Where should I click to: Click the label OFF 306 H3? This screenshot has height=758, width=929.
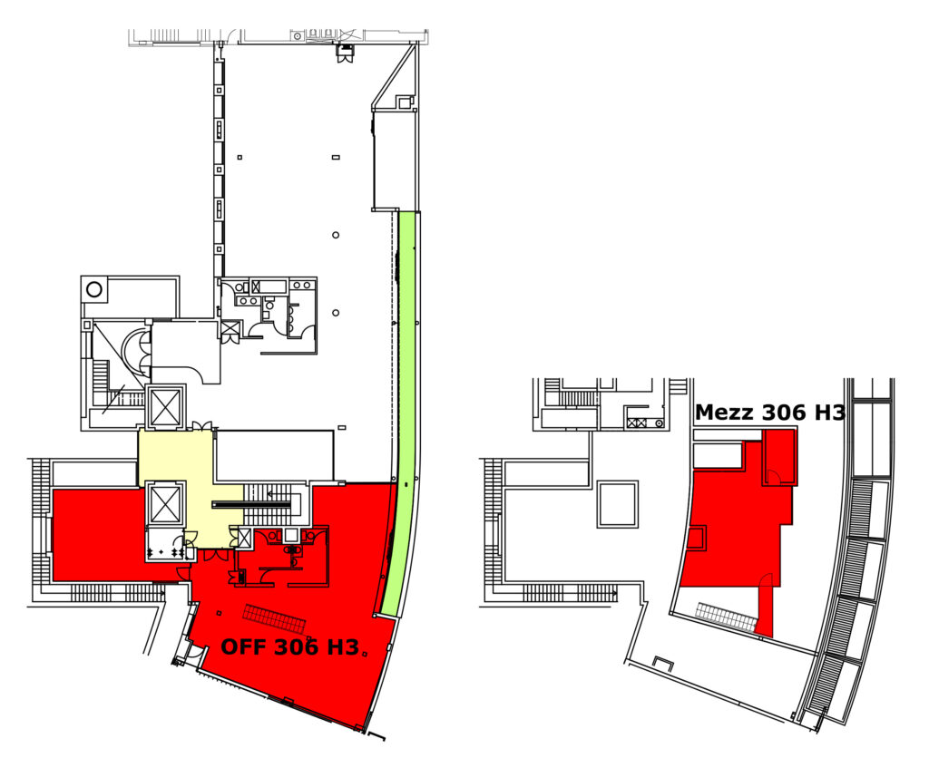click(x=290, y=647)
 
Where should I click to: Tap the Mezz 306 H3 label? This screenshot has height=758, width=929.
click(x=769, y=413)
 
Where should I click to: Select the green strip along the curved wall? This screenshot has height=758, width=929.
click(x=401, y=414)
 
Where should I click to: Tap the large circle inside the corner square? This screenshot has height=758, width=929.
click(x=94, y=290)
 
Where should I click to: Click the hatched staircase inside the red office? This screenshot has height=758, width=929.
click(x=274, y=619)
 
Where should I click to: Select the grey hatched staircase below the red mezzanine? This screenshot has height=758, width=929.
click(x=727, y=617)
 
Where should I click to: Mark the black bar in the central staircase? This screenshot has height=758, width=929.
click(x=252, y=505)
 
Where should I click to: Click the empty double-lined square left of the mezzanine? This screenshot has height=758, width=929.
click(x=617, y=504)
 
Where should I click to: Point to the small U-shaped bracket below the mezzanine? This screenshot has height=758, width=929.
click(x=663, y=664)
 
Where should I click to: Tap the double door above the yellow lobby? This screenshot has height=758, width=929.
click(x=200, y=426)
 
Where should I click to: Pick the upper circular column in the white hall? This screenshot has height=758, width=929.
click(x=336, y=235)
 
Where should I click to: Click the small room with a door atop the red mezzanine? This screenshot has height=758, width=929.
click(x=778, y=457)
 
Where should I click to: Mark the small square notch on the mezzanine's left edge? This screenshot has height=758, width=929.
click(x=697, y=539)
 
